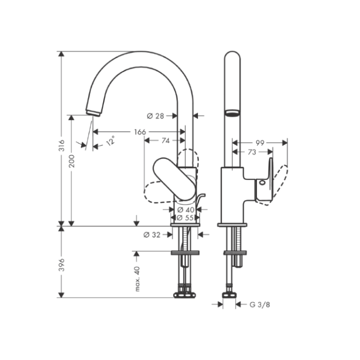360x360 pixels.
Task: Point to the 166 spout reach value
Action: [x=140, y=132]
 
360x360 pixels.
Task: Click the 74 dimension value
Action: [x=165, y=141]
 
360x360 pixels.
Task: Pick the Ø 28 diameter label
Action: [x=155, y=116]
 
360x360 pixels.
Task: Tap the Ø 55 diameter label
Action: [x=185, y=217]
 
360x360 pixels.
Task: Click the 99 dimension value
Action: [x=260, y=142]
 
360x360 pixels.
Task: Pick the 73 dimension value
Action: [x=252, y=151]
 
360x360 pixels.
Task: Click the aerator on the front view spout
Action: [x=231, y=113]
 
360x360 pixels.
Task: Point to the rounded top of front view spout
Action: [x=231, y=55]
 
